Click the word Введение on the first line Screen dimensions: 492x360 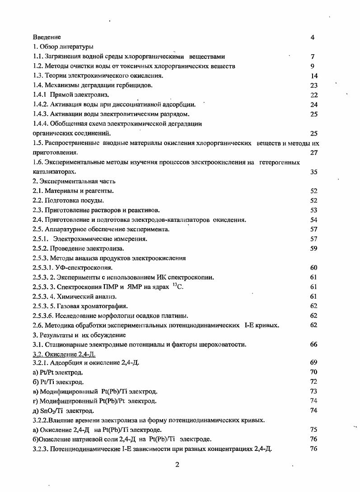click(47, 37)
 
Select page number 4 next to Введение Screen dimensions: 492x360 click(313, 37)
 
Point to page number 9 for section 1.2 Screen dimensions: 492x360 click(313, 66)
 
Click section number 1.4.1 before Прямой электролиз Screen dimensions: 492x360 click(40, 95)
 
